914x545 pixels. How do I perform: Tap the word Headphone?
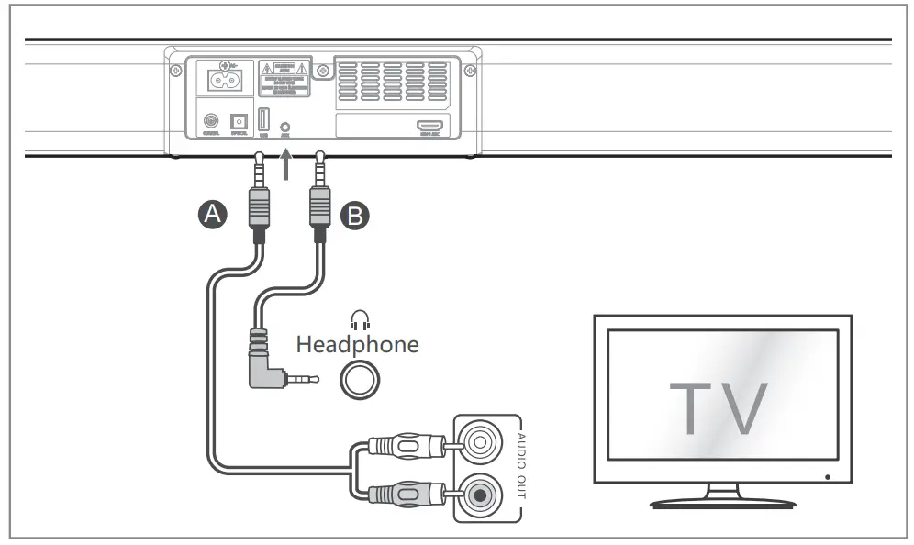(357, 345)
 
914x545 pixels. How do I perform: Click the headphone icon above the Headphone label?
(359, 320)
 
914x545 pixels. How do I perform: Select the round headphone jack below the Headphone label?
(358, 377)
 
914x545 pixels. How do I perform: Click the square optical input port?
(239, 122)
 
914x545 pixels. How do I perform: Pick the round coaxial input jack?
(211, 122)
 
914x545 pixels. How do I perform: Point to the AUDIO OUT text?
(520, 464)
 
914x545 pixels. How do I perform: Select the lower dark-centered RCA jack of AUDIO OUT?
(478, 496)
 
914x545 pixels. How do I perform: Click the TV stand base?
(721, 503)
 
